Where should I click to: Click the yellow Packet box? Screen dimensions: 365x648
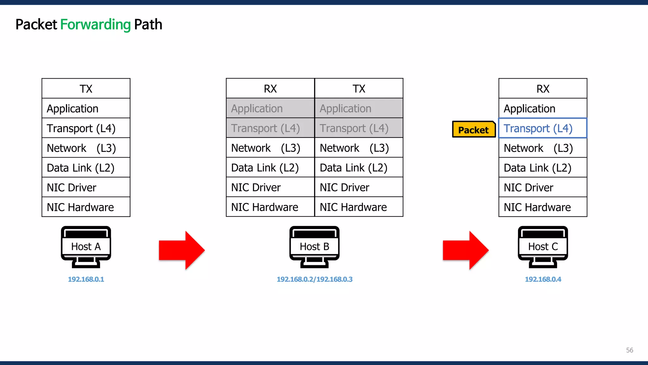(473, 129)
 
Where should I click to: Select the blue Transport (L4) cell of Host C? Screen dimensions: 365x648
(542, 128)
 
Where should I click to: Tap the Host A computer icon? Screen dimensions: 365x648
(86, 247)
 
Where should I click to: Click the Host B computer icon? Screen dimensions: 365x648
(314, 247)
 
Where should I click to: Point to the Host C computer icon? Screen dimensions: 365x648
(543, 247)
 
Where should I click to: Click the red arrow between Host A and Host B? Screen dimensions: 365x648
(182, 250)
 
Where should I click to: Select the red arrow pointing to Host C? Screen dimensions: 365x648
(465, 250)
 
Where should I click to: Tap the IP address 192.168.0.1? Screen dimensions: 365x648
(86, 279)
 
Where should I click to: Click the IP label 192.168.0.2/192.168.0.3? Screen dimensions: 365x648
(315, 279)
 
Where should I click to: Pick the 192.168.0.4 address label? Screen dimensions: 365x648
(543, 279)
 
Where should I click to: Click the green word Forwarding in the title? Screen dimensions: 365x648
(95, 24)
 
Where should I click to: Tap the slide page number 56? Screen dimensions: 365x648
(629, 350)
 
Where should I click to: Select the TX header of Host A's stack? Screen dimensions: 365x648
(86, 89)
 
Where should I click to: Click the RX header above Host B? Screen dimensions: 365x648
(270, 89)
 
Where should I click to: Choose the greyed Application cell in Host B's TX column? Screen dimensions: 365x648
(358, 108)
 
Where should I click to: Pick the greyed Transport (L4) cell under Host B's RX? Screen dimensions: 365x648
(270, 128)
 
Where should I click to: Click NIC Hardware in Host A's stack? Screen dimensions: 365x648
(86, 207)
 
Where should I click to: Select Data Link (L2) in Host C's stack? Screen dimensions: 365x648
(542, 168)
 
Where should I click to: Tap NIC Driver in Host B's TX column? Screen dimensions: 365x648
(358, 187)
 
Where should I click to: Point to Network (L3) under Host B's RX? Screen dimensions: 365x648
(270, 148)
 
